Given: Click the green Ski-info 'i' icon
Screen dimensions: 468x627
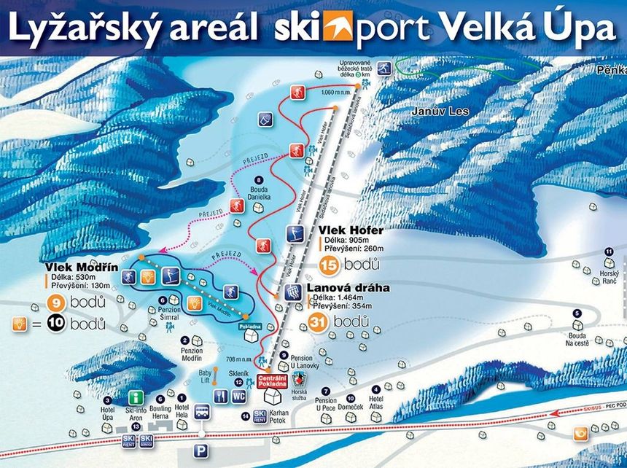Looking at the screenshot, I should pos(136,397).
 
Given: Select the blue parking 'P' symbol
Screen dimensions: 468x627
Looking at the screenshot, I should pos(202,451).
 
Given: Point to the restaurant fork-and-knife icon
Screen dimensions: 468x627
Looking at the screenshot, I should pos(222,397).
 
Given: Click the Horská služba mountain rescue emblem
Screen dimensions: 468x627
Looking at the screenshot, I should pos(298,378).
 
